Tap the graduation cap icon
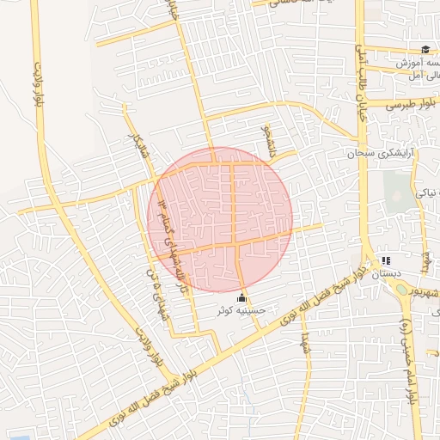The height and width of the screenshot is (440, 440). click(425, 49)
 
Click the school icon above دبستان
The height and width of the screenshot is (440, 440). click(386, 260)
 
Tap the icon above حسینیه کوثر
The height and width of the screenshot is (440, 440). click(241, 297)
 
